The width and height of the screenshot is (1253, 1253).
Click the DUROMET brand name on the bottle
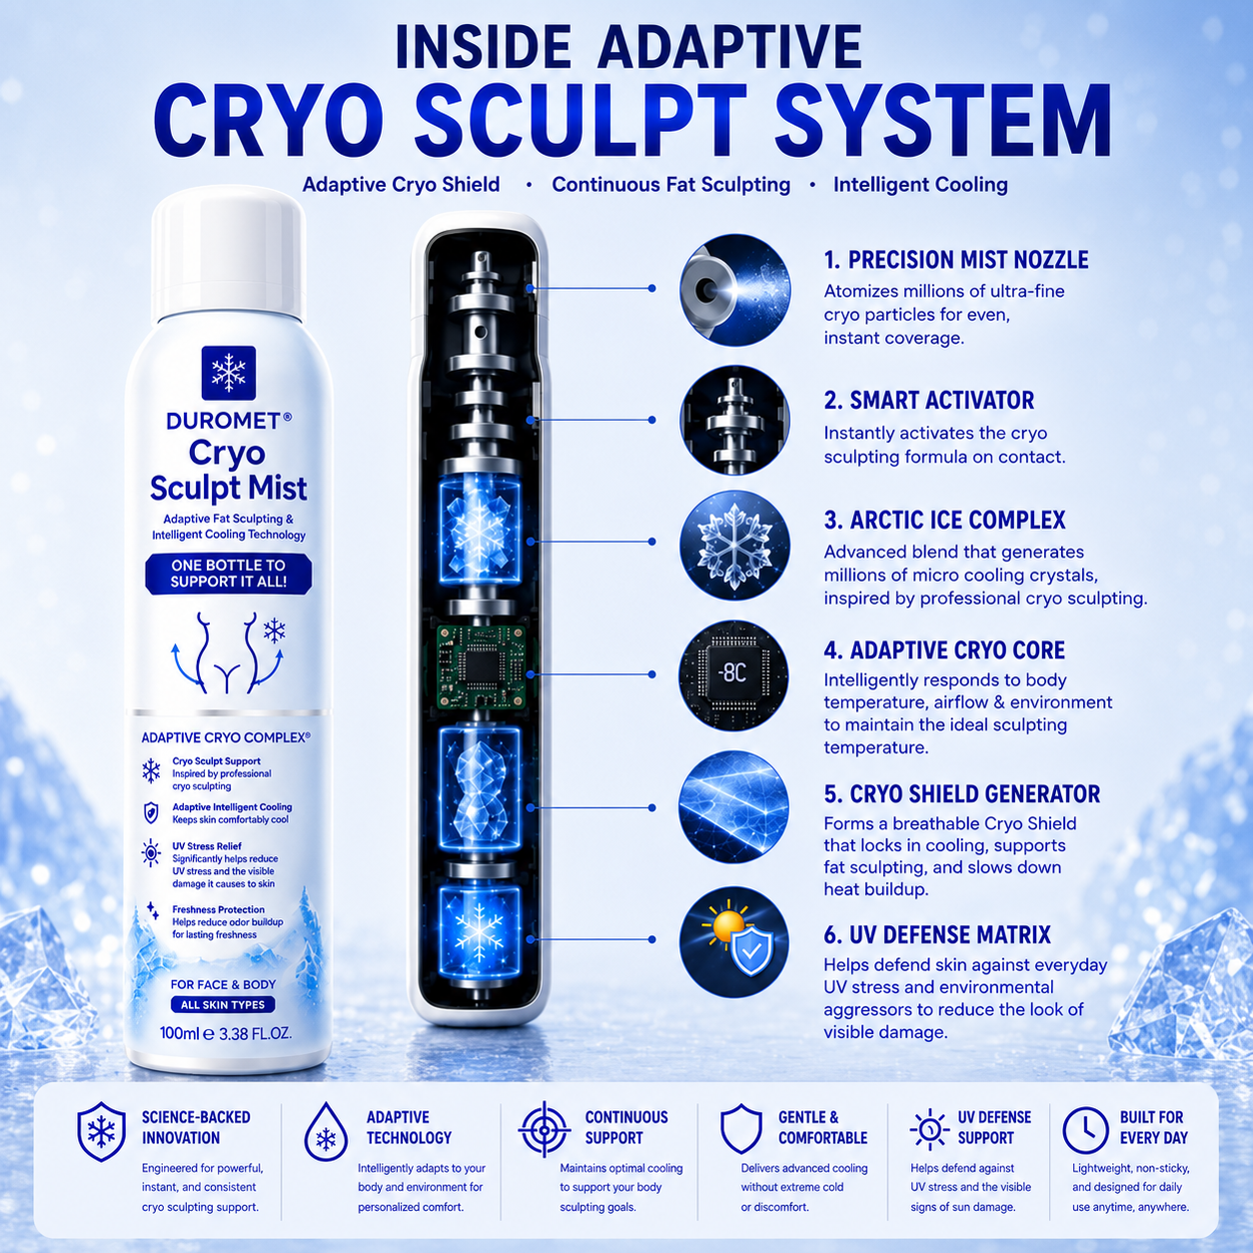click(x=225, y=421)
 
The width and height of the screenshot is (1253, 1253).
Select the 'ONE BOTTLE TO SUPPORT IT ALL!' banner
click(x=228, y=573)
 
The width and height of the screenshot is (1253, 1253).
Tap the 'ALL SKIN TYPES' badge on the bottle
click(x=223, y=1004)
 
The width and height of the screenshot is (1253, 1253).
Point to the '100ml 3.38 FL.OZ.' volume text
click(x=225, y=1033)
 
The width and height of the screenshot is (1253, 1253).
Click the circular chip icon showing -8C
click(x=733, y=674)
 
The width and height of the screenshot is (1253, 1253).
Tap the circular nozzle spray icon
click(x=734, y=290)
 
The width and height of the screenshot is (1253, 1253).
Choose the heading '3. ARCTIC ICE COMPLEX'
click(x=944, y=521)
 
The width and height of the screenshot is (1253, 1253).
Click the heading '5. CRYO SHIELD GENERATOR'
click(x=961, y=794)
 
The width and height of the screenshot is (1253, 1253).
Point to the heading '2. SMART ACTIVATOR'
click(x=928, y=400)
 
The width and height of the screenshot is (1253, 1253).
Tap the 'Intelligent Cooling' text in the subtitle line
click(x=920, y=185)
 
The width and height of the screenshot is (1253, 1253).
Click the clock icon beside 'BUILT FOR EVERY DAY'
click(x=1084, y=1131)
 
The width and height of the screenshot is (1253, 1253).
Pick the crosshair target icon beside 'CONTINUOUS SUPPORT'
click(x=545, y=1128)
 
